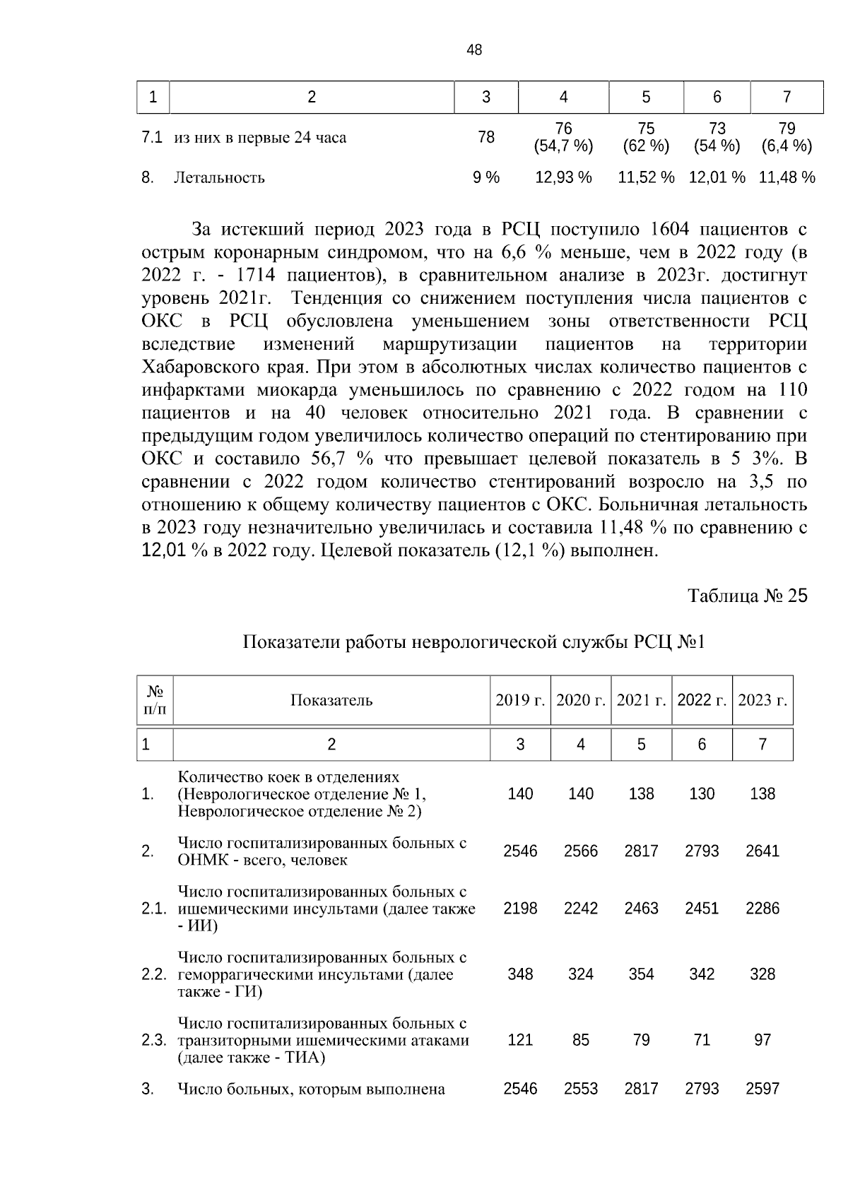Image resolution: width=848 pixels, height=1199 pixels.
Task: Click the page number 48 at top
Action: tap(475, 50)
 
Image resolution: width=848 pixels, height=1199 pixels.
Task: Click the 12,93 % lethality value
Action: tap(563, 177)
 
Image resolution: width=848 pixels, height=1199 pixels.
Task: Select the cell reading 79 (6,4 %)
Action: tap(787, 138)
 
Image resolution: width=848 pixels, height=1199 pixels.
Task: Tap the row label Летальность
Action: tap(219, 178)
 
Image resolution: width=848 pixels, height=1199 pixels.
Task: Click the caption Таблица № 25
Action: tap(748, 596)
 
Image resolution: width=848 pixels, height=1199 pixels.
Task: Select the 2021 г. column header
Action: tap(642, 700)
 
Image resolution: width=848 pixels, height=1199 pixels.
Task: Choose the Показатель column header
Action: tap(331, 700)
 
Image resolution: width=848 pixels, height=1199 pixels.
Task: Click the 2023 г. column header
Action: tap(762, 700)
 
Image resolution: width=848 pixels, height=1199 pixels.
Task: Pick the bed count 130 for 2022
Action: tap(702, 794)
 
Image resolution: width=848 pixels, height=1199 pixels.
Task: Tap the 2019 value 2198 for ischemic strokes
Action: tap(520, 909)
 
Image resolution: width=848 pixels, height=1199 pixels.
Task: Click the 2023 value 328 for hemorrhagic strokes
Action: tap(762, 974)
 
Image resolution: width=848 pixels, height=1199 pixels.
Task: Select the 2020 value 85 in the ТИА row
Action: tap(581, 1040)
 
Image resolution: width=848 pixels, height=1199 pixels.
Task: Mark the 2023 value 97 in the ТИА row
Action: tap(762, 1040)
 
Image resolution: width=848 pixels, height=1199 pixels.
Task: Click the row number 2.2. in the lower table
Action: tap(153, 975)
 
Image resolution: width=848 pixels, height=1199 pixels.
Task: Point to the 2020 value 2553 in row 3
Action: tap(581, 1089)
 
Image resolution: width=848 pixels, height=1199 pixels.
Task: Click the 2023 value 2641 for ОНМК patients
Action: tap(762, 851)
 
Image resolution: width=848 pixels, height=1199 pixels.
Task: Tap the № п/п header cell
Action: tap(155, 700)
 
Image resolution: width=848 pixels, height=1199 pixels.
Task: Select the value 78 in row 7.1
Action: tap(486, 137)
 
